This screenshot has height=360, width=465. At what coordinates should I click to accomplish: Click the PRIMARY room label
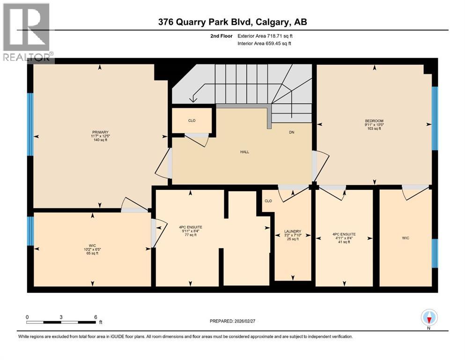point(97,132)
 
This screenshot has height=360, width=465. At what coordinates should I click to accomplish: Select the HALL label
point(245,152)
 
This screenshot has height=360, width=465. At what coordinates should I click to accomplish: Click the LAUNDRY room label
point(292,232)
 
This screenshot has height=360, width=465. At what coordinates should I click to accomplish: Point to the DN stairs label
point(291,133)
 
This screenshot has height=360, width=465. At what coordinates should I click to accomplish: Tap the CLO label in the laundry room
point(268,201)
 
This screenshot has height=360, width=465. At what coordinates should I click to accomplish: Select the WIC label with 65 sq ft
point(92,245)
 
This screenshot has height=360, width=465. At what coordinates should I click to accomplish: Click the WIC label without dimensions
point(406,238)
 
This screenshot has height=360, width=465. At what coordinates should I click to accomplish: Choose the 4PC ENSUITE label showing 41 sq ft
point(344,234)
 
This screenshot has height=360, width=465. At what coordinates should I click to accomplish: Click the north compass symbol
point(429,318)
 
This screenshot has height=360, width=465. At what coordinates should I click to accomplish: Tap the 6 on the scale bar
point(96,317)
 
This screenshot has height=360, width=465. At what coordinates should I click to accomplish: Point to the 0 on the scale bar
point(28,317)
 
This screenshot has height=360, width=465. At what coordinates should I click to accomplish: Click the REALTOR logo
point(27,32)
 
